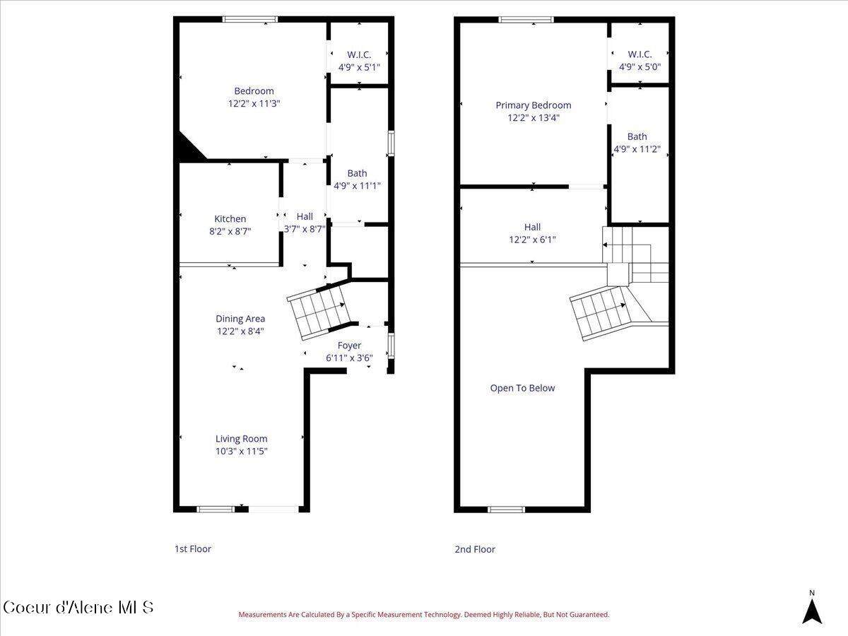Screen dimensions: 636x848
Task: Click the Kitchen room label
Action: [x=230, y=219]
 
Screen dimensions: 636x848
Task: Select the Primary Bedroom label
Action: [x=533, y=105]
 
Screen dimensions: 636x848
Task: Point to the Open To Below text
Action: [x=522, y=388]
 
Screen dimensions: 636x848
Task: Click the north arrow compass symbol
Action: [x=812, y=609]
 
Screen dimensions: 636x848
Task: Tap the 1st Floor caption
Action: [x=193, y=549]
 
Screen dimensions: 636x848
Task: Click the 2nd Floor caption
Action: [x=475, y=549]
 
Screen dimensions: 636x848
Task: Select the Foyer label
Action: [x=349, y=346]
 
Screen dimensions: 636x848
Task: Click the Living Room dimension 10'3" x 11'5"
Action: [x=242, y=451]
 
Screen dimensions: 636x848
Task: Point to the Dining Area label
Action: [x=240, y=319]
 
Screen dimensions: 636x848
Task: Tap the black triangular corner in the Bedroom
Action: [x=188, y=149]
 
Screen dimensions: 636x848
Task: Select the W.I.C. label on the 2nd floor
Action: [x=640, y=54]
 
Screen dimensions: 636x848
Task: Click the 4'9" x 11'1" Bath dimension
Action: [x=357, y=186]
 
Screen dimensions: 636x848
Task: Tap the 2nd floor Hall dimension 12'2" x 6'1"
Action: [x=532, y=240]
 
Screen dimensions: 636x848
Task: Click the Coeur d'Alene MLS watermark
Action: [x=78, y=607]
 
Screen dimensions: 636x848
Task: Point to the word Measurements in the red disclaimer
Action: [x=262, y=615]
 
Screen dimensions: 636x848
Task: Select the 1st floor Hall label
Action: [x=305, y=216]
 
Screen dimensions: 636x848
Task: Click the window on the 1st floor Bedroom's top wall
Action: [x=250, y=19]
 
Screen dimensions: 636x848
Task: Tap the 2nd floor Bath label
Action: [x=637, y=137]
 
